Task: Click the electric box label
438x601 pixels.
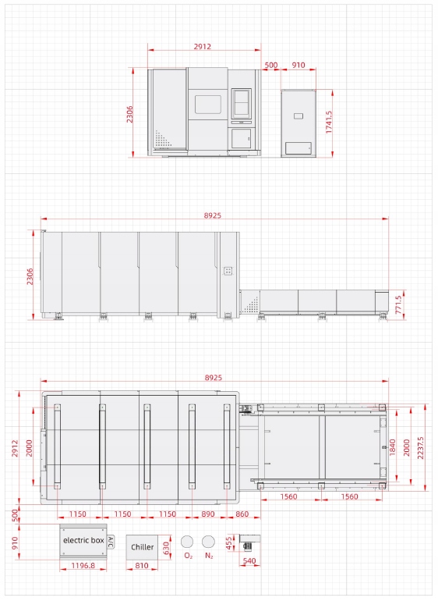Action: point(83,540)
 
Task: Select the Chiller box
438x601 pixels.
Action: point(142,547)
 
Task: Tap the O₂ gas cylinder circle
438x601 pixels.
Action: point(187,542)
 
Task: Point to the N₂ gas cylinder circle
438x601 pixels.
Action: point(209,542)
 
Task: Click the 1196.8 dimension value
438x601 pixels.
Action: point(83,565)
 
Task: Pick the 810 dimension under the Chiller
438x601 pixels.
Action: point(142,565)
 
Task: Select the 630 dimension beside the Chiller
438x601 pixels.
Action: point(166,547)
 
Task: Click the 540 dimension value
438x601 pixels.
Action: point(249,560)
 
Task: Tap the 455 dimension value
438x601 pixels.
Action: point(230,543)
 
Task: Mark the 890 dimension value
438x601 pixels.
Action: point(208,514)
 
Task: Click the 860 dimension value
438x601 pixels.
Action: point(242,514)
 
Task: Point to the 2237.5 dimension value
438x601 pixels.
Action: point(421,448)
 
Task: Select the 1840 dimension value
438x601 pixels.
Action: point(393,447)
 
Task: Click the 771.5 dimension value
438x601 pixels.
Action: point(398,304)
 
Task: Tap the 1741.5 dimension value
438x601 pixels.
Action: point(329,123)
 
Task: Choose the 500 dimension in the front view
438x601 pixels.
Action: point(270,65)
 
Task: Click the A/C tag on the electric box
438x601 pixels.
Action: point(111,542)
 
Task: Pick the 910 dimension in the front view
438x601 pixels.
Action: point(298,65)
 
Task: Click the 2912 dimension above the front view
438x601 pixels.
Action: point(202,46)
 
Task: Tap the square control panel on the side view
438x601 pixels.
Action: point(228,271)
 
